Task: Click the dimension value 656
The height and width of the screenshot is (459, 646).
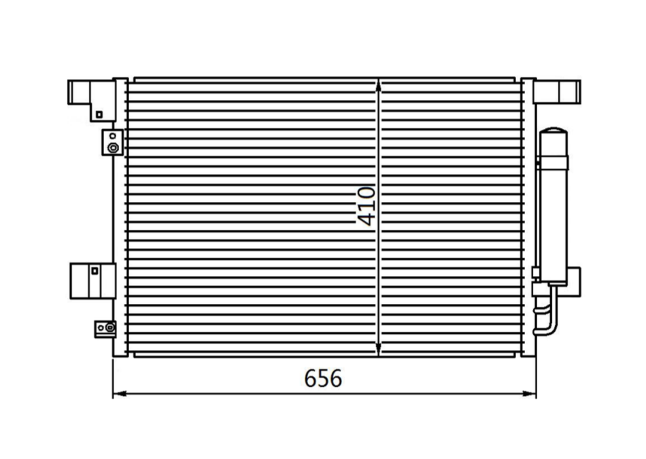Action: (x=323, y=378)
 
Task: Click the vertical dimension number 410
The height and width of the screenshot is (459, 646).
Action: (x=366, y=205)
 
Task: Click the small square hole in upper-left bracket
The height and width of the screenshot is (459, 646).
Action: (x=99, y=114)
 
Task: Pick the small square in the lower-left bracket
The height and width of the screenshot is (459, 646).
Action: (x=94, y=270)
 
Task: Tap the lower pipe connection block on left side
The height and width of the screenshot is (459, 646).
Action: (x=106, y=328)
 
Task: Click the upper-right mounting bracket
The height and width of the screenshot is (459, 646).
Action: (x=558, y=90)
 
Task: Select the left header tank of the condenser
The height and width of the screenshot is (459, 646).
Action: (x=120, y=218)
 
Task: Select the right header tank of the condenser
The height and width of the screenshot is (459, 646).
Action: (x=529, y=218)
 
